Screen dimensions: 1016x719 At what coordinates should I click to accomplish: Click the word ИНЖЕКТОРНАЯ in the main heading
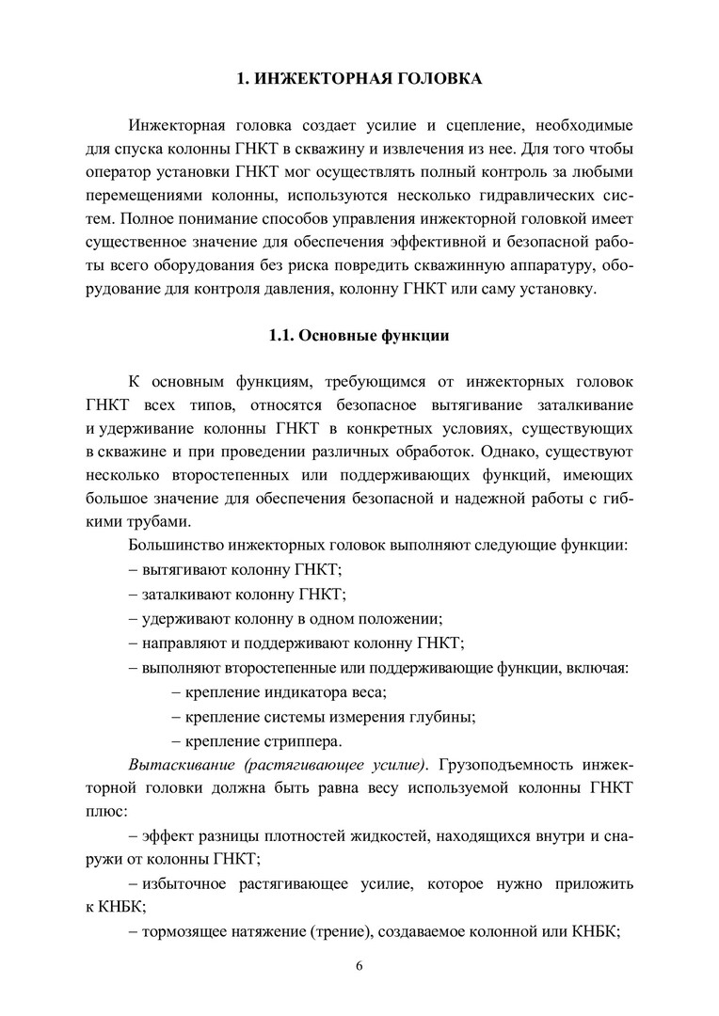coord(320,80)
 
